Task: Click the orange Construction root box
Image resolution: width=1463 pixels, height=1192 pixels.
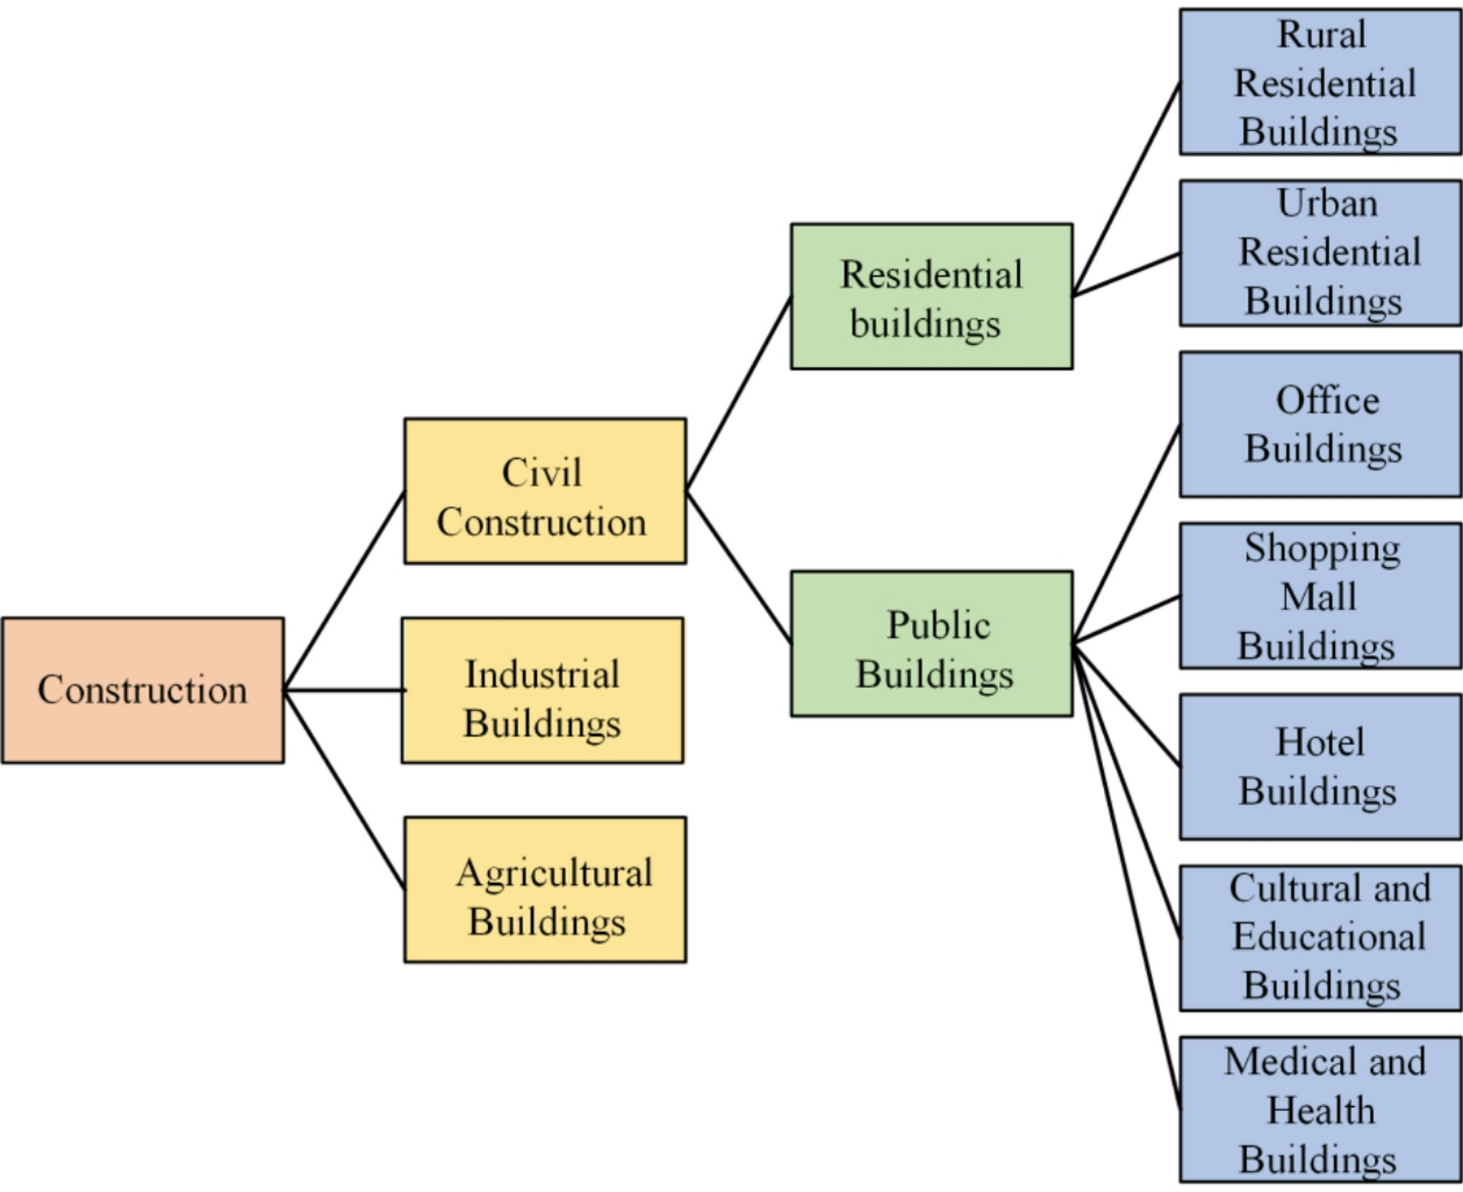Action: pos(143,690)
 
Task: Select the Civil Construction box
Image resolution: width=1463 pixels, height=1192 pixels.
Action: pos(544,491)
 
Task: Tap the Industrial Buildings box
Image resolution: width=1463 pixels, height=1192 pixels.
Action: pos(542,690)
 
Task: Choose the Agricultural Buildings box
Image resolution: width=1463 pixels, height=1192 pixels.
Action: pos(544,890)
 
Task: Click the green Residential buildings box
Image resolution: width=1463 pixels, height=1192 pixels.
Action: pos(931,296)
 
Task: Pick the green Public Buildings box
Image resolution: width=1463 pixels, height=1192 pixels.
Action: pos(931,644)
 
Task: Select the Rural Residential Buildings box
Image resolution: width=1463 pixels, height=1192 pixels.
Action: pos(1320,82)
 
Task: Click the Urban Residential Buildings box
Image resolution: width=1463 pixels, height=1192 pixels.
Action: pos(1320,253)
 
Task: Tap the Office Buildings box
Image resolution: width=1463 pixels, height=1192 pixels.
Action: pos(1320,425)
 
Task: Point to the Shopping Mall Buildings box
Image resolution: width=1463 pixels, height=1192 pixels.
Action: pos(1320,596)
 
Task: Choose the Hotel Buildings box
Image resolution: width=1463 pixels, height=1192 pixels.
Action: pos(1320,767)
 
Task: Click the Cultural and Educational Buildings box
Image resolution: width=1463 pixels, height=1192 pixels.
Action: pos(1320,938)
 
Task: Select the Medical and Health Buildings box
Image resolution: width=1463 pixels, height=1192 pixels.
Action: pos(1320,1109)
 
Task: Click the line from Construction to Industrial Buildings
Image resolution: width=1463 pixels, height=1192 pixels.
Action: pos(344,689)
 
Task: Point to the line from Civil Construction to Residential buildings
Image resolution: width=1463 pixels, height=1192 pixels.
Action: pos(738,394)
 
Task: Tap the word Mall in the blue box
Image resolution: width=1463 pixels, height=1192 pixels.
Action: pos(1318,596)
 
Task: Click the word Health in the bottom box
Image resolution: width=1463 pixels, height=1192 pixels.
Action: pos(1320,1110)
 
